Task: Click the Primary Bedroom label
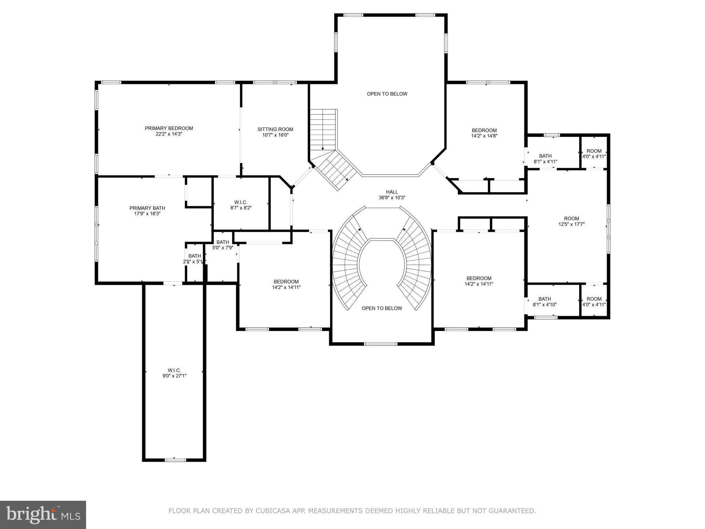169,128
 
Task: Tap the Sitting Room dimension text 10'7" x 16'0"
275,135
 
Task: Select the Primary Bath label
147,208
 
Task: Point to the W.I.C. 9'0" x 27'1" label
174,373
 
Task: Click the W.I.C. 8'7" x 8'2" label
241,205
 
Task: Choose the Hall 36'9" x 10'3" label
392,195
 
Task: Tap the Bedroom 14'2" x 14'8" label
484,133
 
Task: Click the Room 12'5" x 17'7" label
571,221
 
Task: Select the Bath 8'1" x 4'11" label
545,158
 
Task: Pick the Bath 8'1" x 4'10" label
545,302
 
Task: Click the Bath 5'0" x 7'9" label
223,245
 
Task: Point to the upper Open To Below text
387,94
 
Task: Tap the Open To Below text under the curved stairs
381,308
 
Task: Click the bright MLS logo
43,515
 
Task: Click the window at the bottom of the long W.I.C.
175,460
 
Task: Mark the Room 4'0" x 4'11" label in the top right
594,153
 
